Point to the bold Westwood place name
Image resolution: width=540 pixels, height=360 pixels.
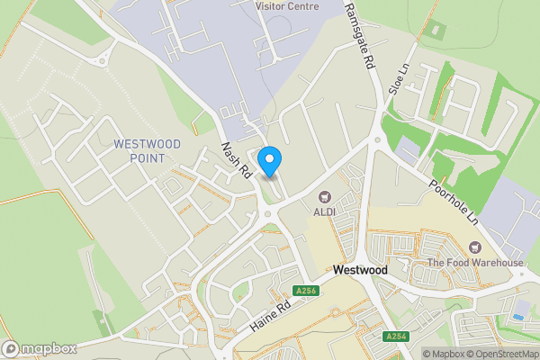point(360,269)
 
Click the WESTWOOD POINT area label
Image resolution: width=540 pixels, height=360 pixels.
point(148,151)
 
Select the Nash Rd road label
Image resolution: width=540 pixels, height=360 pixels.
point(236,162)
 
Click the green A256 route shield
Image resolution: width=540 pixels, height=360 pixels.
point(306,290)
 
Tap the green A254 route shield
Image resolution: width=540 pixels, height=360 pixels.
point(396,336)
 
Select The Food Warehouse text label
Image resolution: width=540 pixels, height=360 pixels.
point(475,263)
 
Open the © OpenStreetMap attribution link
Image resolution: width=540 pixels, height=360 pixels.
point(502,354)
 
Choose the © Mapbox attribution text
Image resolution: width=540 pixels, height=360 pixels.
point(445,354)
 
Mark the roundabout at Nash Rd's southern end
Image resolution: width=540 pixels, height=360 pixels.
point(268,213)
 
